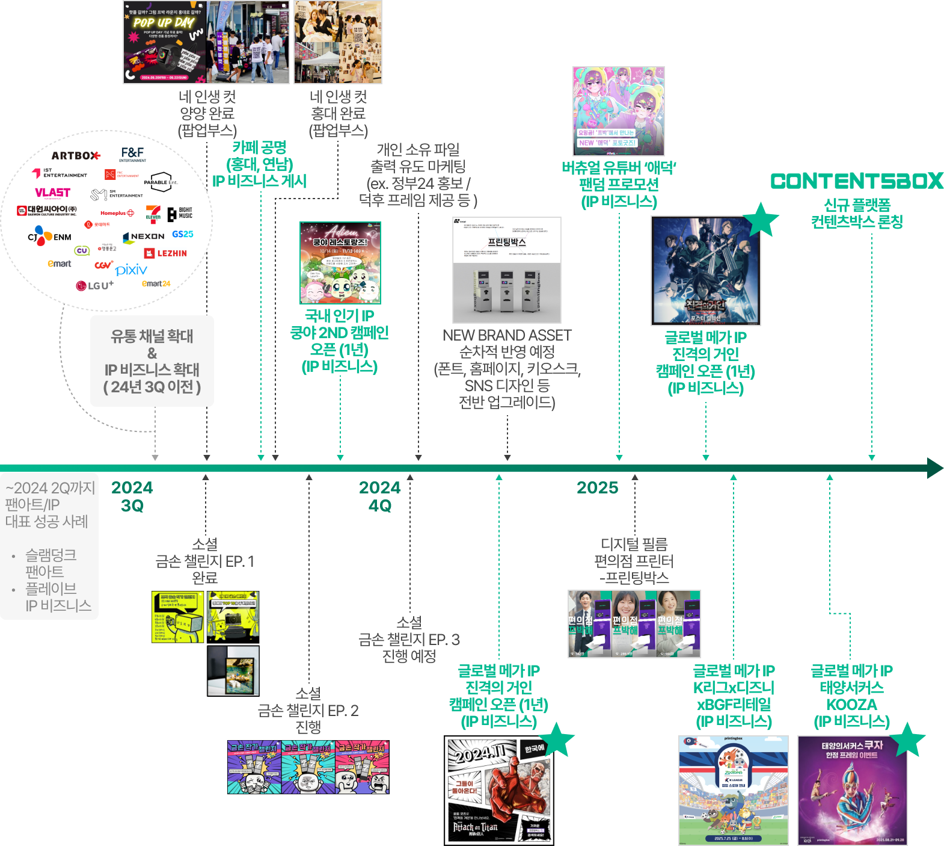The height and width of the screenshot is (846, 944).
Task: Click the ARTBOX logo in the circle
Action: click(x=75, y=156)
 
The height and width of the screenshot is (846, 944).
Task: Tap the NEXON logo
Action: click(x=144, y=237)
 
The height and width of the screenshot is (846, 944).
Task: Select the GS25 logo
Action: click(x=182, y=234)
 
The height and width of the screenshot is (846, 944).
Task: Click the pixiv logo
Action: click(x=131, y=270)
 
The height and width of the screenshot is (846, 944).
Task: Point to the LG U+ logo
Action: click(x=94, y=285)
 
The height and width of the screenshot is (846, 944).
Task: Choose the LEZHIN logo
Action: click(x=165, y=253)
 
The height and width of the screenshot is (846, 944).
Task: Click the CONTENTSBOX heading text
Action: click(x=857, y=181)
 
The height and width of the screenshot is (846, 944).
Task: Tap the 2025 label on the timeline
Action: click(x=597, y=487)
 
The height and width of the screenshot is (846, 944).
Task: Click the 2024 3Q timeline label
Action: click(x=132, y=496)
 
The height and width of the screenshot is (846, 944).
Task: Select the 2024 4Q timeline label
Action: click(x=380, y=496)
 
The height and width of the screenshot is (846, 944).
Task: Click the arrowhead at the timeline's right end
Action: click(x=934, y=468)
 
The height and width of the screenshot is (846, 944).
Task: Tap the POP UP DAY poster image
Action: click(x=164, y=42)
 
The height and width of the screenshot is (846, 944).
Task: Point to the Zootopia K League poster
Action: click(x=733, y=789)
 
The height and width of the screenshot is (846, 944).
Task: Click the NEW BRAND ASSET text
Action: click(x=507, y=335)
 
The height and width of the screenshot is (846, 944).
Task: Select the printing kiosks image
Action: click(x=507, y=270)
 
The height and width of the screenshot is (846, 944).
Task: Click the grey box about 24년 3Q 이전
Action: click(x=152, y=361)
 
